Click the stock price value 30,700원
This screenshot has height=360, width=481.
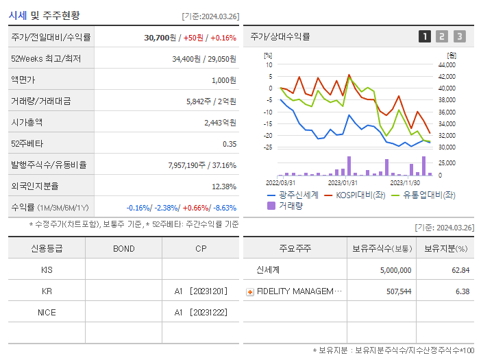[x=162, y=37]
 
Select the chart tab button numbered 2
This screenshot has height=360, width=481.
[x=442, y=36]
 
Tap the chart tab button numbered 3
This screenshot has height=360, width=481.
[x=459, y=36]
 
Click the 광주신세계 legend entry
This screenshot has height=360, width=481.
[x=295, y=195]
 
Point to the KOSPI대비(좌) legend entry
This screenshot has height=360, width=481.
[x=357, y=195]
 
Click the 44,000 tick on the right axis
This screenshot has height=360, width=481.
[x=446, y=65]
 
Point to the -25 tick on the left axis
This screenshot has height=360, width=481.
[x=268, y=147]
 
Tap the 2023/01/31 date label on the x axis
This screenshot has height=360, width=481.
[x=343, y=182]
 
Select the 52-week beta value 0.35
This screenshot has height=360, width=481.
[x=230, y=143]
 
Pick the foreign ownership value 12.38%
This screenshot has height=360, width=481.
[x=223, y=186]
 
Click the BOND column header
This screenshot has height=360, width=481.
[x=123, y=248]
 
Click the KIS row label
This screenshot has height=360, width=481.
[x=47, y=269]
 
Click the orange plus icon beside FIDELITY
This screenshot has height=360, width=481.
[x=250, y=291]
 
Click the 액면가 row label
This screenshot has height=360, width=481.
[x=23, y=80]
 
